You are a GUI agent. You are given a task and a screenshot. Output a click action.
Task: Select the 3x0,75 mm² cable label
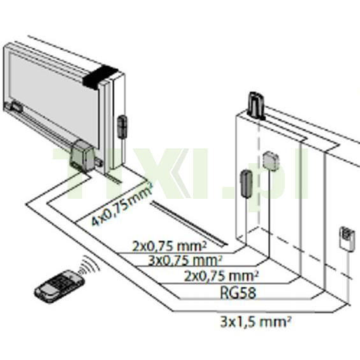click(x=185, y=261)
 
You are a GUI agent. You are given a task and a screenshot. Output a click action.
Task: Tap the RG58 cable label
click(x=238, y=292)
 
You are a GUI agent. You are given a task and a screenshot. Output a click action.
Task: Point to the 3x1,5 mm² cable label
click(x=256, y=322)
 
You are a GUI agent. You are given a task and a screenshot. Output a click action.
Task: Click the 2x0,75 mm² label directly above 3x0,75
click(x=169, y=246)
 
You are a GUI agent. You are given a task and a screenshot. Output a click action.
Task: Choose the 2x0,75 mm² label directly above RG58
click(x=221, y=276)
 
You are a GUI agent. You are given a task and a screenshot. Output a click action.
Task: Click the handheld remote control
click(x=59, y=287)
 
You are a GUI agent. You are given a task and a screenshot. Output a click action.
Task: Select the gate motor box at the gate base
click(x=83, y=155)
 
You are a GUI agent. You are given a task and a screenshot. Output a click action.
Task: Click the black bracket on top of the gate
click(x=100, y=76)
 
